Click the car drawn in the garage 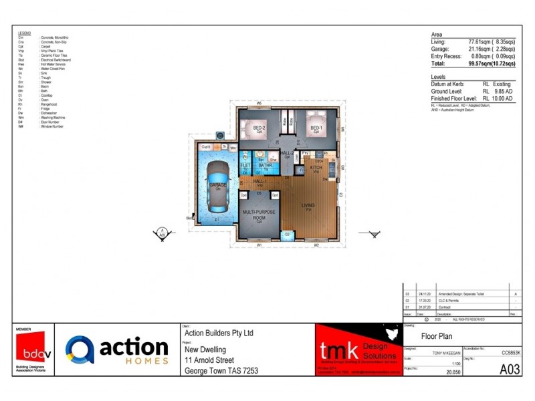217,184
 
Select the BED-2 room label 259,128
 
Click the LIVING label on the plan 308,206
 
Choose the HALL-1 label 258,180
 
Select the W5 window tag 258,103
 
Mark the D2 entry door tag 287,235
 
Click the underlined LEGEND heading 24,33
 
